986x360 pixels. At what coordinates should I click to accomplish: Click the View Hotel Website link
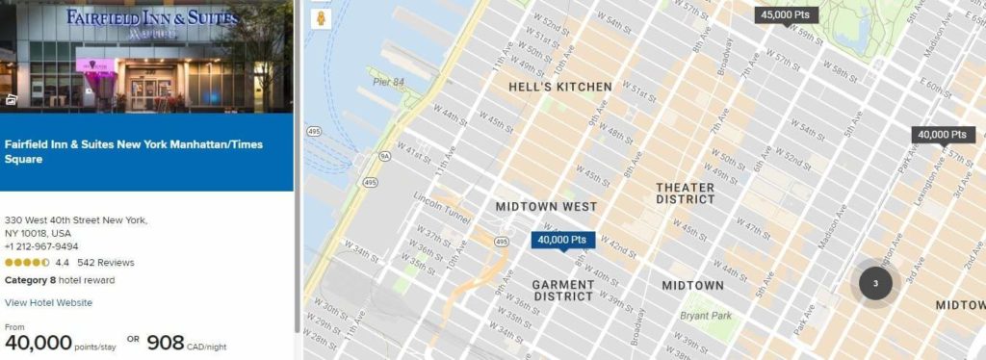pos(48,302)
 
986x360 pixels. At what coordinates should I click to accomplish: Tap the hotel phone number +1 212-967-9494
pos(41,246)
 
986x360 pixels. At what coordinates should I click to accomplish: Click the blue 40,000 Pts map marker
pos(562,240)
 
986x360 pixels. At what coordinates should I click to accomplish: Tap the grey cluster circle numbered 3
pos(875,283)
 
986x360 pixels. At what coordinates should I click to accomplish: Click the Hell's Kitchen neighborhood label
pos(559,87)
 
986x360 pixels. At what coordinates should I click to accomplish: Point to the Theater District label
pos(686,193)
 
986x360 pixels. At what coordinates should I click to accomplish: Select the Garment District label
pos(564,290)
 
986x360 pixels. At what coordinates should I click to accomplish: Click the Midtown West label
pos(546,207)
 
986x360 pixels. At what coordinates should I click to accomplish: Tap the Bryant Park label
pos(709,315)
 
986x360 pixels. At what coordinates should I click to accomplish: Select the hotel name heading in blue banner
pos(134,151)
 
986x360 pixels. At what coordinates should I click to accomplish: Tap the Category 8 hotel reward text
pos(60,280)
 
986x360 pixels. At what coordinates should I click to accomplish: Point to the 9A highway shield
pos(384,155)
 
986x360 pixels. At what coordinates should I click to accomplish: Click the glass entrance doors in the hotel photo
pos(150,92)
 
